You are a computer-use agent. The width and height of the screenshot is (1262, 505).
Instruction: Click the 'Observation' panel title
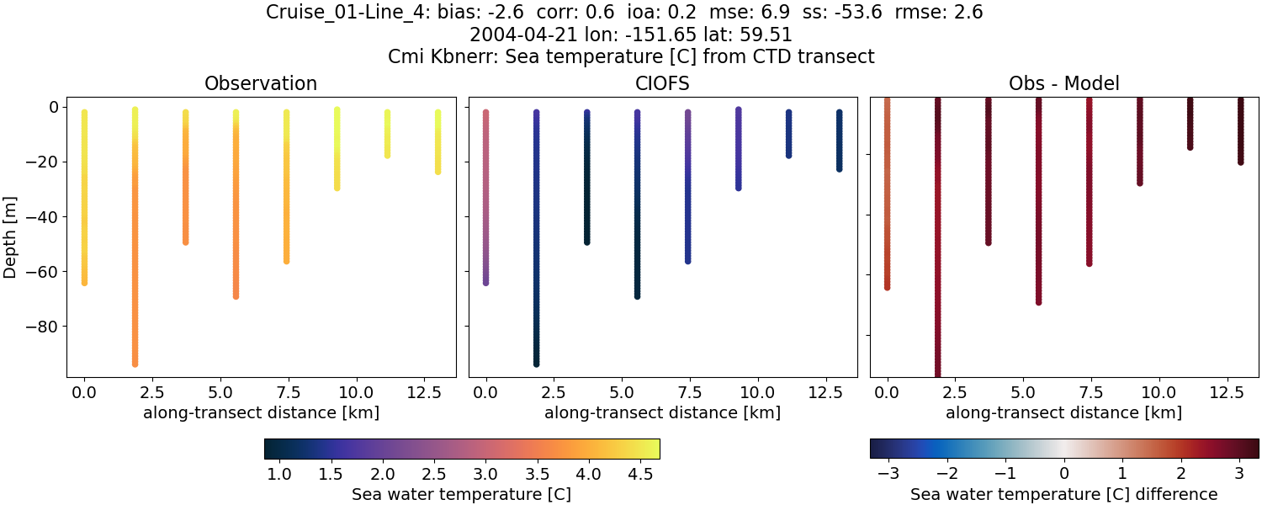pos(261,84)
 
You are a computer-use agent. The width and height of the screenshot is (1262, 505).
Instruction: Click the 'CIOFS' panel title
pos(663,84)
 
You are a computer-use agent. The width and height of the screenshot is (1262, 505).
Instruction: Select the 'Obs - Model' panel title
pos(1064,84)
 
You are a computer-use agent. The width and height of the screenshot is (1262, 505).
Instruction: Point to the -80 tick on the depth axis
pos(40,327)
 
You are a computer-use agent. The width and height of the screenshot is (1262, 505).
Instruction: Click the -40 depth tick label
pos(40,217)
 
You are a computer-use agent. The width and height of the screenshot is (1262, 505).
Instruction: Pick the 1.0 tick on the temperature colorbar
pos(279,474)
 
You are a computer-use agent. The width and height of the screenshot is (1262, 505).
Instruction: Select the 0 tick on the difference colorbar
pos(1064,474)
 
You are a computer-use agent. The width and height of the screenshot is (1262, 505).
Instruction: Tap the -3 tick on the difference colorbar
pos(888,474)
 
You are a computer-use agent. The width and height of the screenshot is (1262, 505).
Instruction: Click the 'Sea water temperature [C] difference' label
pos(1064,494)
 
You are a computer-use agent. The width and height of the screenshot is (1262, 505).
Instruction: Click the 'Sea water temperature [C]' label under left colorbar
pos(461,494)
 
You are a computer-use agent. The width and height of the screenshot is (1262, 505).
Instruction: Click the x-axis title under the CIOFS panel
pos(663,413)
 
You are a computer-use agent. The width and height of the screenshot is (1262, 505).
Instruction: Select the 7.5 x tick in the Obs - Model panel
pos(1090,391)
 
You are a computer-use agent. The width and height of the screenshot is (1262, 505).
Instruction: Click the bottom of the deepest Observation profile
pos(135,364)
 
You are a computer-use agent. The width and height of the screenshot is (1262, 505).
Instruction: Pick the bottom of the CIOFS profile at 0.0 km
pos(485,283)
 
